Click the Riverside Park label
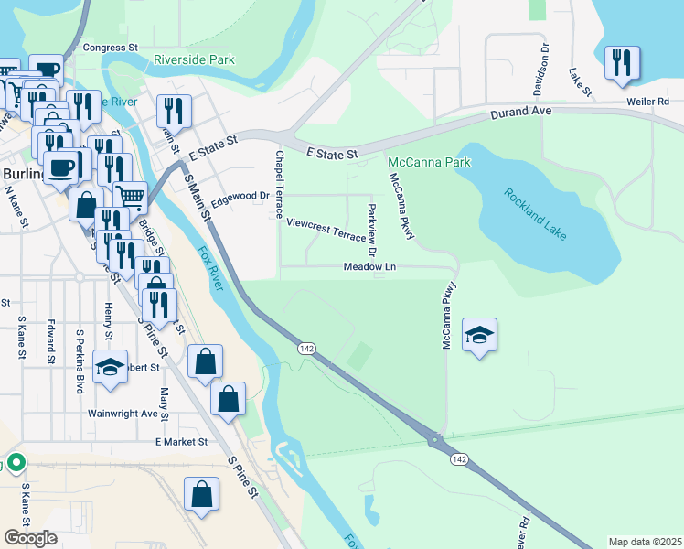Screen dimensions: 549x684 pos(194,60)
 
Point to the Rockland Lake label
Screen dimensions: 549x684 pos(535,214)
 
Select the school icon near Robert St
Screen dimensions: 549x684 pos(110,367)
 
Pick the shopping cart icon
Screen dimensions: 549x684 pos(130,195)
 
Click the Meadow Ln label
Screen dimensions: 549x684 pos(369,267)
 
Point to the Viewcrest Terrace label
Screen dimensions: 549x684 pos(326,228)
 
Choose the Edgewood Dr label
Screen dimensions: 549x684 pos(240,196)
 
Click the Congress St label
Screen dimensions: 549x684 pos(110,47)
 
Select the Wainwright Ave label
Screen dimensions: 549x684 pos(123,413)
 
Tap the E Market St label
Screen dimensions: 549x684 pos(181,441)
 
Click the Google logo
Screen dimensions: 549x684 pos(30,538)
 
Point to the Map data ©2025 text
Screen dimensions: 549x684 pos(645,542)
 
